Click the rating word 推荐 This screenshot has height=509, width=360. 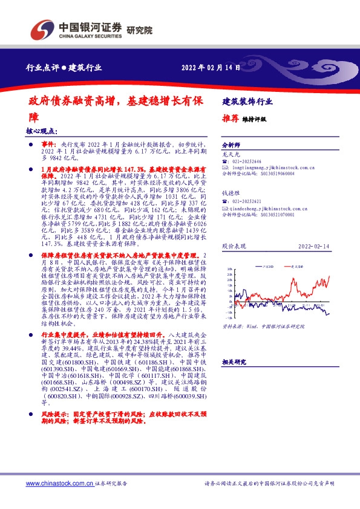231,118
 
